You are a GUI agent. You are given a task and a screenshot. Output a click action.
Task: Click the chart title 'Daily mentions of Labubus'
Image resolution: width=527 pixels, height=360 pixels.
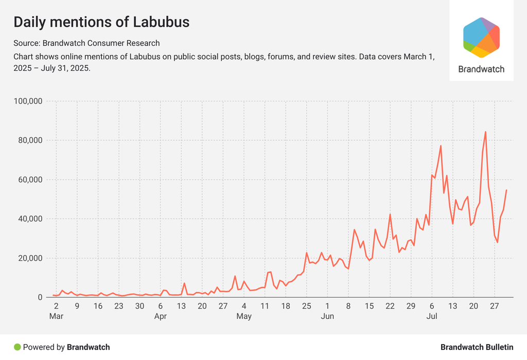coord(101,22)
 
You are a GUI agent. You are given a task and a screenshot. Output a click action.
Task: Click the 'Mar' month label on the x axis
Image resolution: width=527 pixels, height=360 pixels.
coord(56,316)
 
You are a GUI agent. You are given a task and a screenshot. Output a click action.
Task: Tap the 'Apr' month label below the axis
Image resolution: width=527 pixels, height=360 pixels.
coord(161,316)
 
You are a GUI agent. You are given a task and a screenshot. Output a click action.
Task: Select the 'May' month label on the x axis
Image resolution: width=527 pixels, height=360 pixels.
coord(244,316)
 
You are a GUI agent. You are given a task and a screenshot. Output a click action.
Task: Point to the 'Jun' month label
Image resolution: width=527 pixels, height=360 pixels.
coord(327,316)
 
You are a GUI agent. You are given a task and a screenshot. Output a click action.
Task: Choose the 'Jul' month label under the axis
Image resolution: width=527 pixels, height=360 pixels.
coord(432,316)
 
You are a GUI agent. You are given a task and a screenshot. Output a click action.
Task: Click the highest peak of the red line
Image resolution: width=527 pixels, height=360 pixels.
coord(485,132)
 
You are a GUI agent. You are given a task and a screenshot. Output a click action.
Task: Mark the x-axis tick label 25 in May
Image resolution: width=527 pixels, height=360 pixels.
coord(306,305)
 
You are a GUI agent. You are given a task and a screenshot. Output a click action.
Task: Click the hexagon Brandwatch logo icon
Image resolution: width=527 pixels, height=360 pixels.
coord(481,38)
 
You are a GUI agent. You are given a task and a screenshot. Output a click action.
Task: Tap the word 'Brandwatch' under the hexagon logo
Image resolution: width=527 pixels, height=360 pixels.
coord(481,69)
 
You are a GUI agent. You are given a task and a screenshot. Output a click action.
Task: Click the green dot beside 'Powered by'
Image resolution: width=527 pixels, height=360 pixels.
coord(17,347)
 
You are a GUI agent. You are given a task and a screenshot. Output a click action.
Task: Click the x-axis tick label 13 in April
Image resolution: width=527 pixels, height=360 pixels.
coord(182,305)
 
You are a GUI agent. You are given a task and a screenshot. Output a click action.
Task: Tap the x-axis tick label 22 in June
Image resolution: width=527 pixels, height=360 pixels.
coord(390,305)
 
